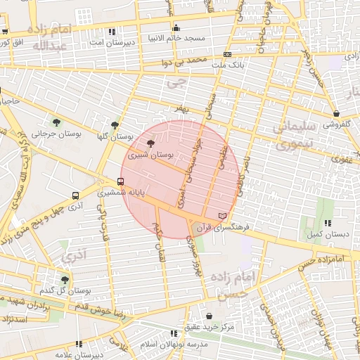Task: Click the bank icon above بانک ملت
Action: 227,54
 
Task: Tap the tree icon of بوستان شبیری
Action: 152,143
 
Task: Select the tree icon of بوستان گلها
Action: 115,125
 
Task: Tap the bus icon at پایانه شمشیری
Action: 120,181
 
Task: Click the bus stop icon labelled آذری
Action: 75,196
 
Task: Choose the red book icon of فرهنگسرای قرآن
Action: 224,214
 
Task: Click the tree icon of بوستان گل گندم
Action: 65,280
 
